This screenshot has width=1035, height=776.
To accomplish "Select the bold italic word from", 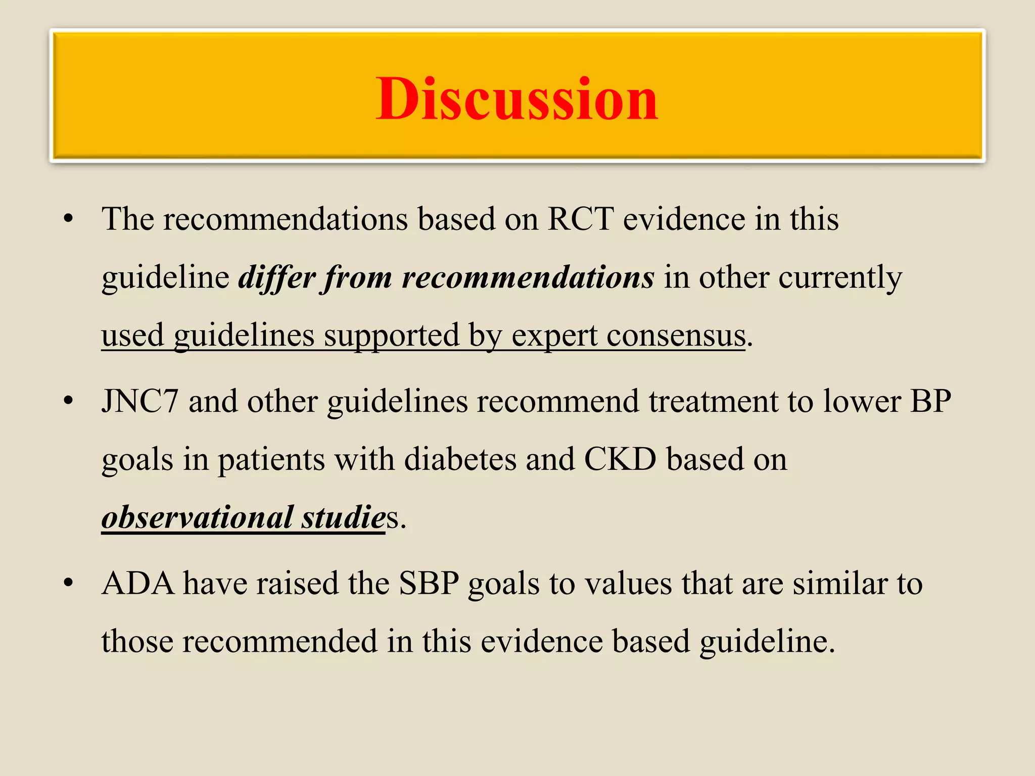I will pos(358,277).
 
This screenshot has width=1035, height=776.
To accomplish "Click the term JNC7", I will pos(140,402).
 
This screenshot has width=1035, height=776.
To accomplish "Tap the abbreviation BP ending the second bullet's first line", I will pos(930,402).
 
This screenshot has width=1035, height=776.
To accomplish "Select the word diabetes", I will pos(460,460).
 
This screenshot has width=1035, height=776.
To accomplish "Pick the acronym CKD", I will pos(620,460).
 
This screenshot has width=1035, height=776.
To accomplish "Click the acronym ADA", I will pos(137,584).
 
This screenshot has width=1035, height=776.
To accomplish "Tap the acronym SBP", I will pos(429,584).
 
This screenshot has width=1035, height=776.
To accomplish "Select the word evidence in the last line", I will pos(541,642).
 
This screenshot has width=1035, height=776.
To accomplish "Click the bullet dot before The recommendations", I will pos(69,219).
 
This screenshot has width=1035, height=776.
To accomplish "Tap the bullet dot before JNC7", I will pos(69,402).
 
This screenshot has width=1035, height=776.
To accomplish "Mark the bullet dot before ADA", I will pos(69,584).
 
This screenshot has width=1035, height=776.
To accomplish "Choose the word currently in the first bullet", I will pos(840,277).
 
